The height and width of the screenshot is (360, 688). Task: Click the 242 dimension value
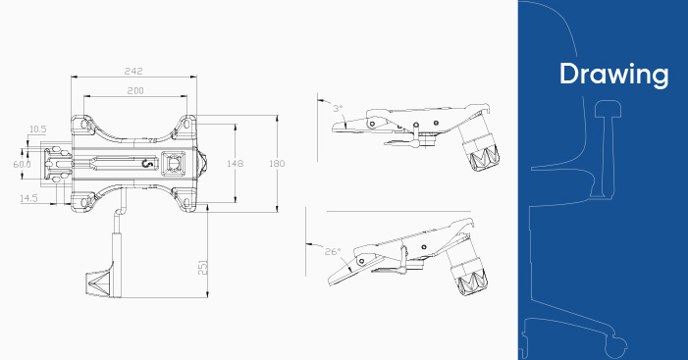133,71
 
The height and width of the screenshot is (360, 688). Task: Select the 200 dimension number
135,91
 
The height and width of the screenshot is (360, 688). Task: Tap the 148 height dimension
236,164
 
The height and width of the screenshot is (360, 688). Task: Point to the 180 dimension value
277,164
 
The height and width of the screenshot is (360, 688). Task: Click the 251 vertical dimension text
203,268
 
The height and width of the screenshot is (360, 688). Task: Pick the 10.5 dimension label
37,129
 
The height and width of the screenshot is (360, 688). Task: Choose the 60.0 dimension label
22,164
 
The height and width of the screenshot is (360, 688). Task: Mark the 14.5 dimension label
28,198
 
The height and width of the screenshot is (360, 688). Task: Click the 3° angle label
338,108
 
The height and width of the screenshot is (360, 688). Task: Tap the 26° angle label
333,252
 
